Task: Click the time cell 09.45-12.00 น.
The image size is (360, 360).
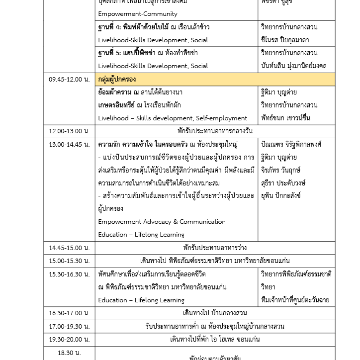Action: (69, 80)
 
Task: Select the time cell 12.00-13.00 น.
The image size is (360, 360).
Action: (69, 131)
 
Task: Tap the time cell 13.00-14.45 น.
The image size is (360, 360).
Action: (69, 145)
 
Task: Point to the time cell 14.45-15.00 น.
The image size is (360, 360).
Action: (69, 248)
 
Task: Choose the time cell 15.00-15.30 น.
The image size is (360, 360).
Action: (69, 261)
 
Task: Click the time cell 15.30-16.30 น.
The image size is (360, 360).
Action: (69, 274)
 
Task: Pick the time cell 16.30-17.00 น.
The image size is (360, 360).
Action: (69, 313)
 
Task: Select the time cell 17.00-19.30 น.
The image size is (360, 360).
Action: (69, 326)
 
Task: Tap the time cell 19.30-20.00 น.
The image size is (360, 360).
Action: (69, 339)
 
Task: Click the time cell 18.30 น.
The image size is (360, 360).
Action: (69, 353)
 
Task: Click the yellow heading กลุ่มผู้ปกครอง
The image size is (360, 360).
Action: (117, 80)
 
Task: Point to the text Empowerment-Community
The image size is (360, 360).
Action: (137, 14)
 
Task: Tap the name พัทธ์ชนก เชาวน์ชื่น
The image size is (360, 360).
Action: (285, 118)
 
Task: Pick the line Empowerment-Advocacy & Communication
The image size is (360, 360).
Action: (162, 222)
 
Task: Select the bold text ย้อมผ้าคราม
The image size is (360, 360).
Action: (114, 92)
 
